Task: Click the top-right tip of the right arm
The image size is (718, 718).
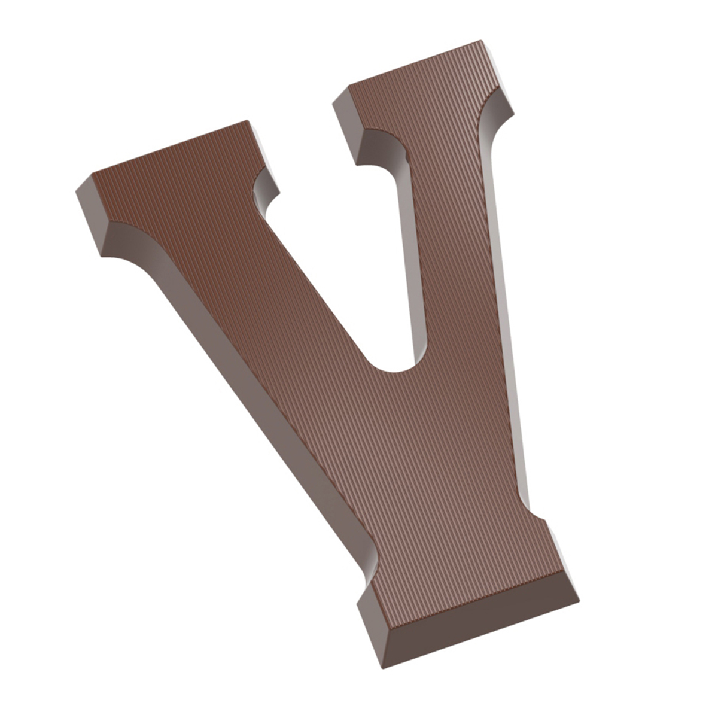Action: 481,40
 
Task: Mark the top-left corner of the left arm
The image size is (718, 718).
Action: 92,174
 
